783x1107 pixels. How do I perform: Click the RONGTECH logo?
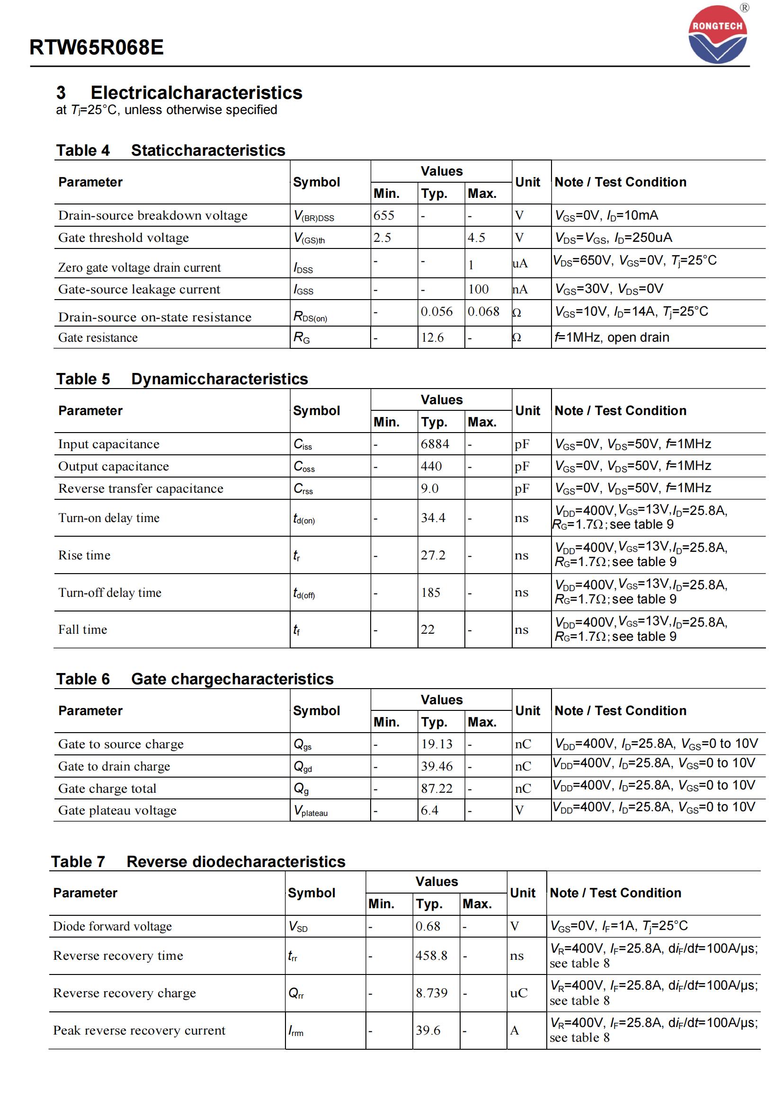717,35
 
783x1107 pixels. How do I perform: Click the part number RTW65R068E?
97,47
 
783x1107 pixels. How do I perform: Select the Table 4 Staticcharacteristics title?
171,151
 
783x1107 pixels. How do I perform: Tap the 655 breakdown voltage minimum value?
384,215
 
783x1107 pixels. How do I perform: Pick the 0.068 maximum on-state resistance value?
484,311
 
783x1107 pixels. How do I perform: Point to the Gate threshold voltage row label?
124,238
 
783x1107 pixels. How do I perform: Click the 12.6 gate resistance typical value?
432,337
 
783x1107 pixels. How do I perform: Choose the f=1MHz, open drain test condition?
612,337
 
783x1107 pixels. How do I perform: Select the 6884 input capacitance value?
435,444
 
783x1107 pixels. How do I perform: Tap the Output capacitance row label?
114,466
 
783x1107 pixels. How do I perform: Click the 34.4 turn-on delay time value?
433,518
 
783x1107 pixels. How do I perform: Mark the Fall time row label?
82,629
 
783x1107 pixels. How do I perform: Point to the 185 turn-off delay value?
430,593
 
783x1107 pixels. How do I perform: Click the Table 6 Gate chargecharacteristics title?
195,679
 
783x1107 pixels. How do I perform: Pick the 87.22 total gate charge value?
437,788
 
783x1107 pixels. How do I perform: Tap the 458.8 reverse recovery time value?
432,956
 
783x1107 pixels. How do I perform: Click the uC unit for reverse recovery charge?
519,993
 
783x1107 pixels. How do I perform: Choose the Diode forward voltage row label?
112,926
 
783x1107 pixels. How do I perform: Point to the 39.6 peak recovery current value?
428,1030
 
